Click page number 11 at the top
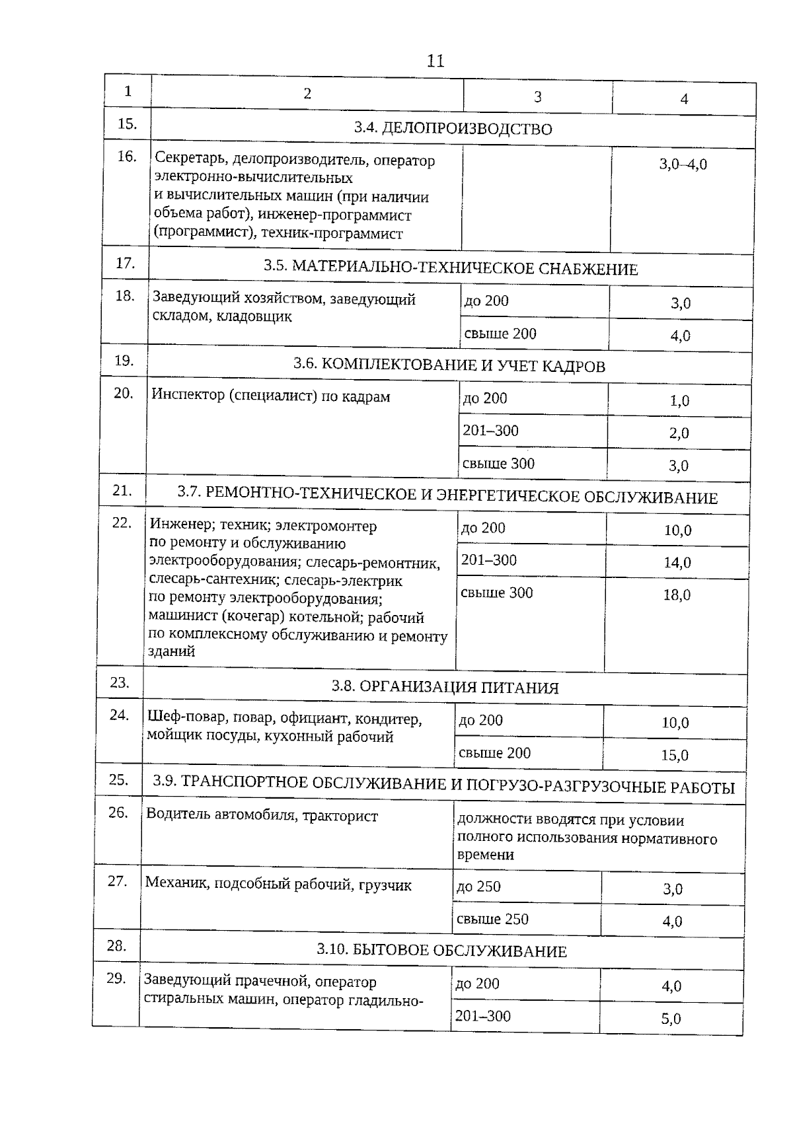click(x=435, y=61)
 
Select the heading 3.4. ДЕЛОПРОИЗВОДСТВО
click(x=453, y=129)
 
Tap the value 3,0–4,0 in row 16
click(x=683, y=164)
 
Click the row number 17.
click(x=125, y=263)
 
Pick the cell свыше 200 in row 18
click(x=500, y=334)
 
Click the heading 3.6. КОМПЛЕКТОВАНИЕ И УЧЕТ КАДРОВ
click(x=449, y=365)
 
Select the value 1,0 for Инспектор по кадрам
click(x=679, y=401)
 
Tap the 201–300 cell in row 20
click(x=490, y=431)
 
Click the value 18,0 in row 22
click(x=677, y=595)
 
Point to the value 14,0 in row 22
click(x=677, y=563)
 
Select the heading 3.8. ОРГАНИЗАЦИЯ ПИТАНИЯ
click(x=445, y=688)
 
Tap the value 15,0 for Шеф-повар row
click(x=675, y=755)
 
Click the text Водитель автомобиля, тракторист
click(x=262, y=816)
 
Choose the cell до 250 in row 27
click(x=478, y=886)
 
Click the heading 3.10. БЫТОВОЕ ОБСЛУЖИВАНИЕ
click(x=441, y=951)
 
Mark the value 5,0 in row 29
click(x=671, y=1019)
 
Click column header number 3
click(x=537, y=97)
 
